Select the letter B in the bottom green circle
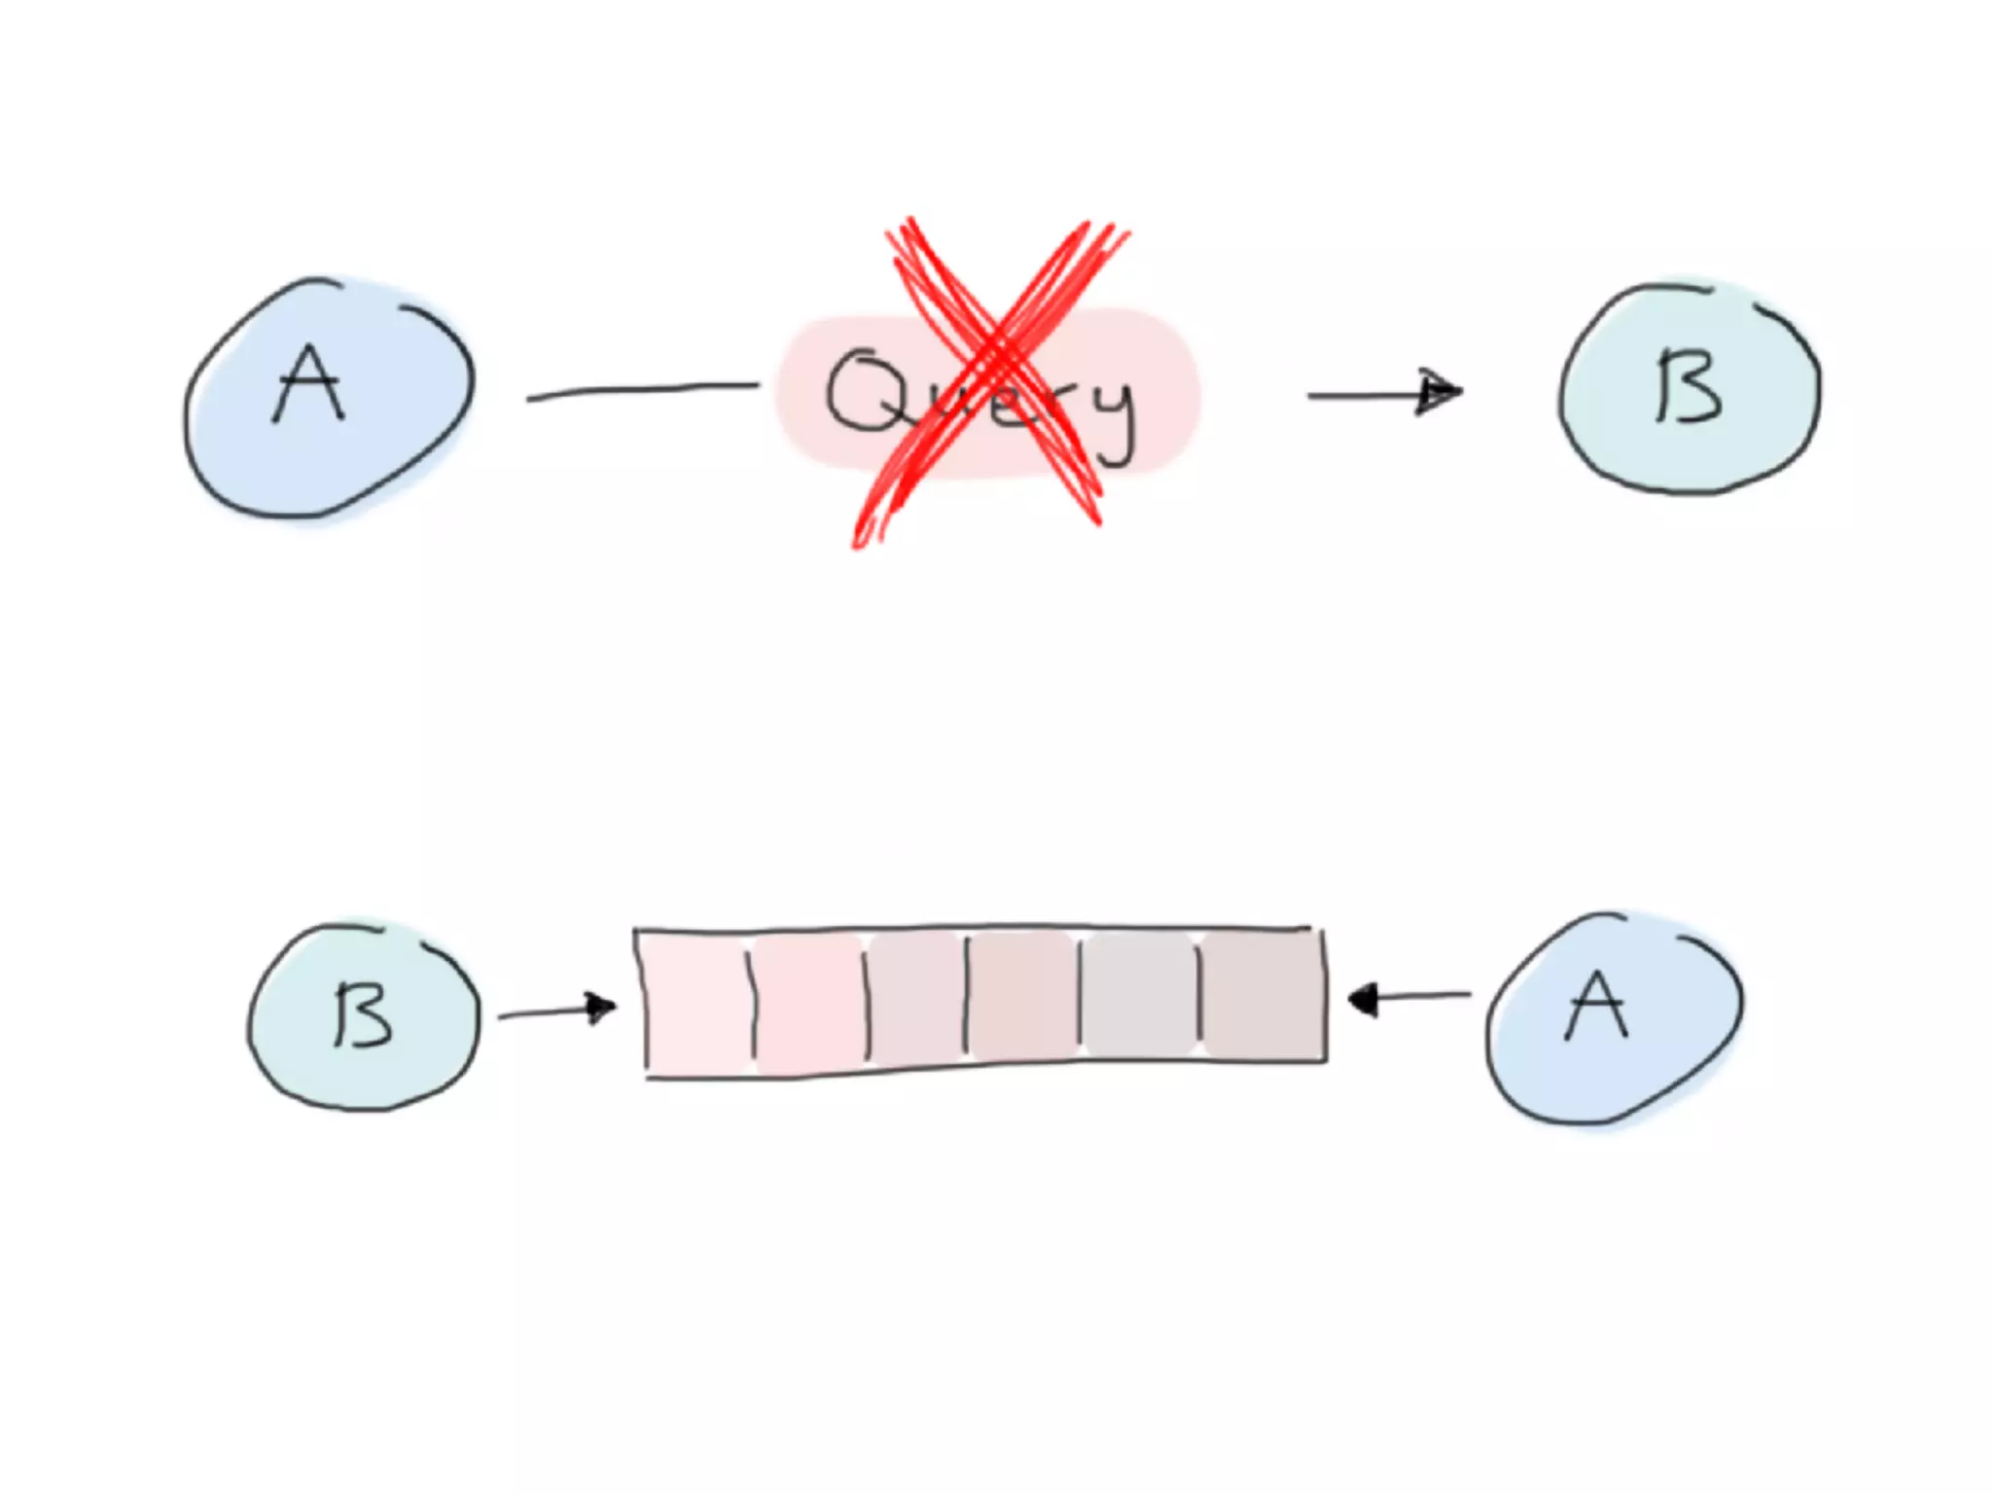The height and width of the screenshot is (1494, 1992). [x=363, y=1014]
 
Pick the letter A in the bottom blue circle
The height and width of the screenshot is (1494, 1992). [x=1596, y=1008]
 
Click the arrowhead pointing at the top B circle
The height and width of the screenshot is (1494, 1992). [x=1440, y=392]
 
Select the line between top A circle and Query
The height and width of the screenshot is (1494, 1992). [x=642, y=390]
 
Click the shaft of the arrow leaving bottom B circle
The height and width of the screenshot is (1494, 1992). [x=545, y=1014]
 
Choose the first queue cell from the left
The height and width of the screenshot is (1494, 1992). [x=695, y=1003]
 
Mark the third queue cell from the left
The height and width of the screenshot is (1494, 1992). [x=916, y=1000]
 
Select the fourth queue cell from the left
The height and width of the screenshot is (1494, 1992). [x=1023, y=997]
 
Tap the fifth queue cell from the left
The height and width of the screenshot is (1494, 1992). [x=1139, y=994]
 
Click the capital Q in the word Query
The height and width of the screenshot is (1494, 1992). [x=864, y=392]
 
